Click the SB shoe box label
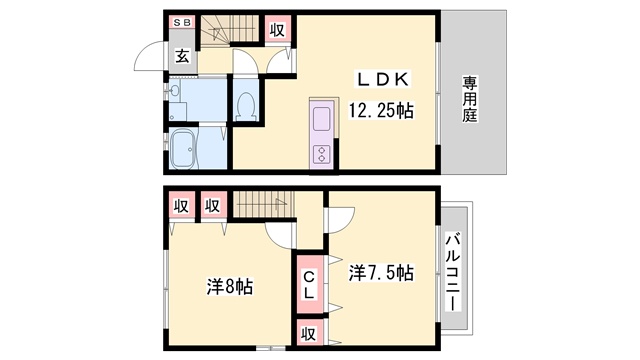pyautogui.click(x=182, y=22)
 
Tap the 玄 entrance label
pyautogui.click(x=182, y=56)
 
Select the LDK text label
pyautogui.click(x=383, y=79)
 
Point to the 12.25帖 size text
pyautogui.click(x=381, y=110)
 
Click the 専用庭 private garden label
pyautogui.click(x=470, y=99)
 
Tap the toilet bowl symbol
pyautogui.click(x=246, y=105)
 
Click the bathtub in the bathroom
pyautogui.click(x=184, y=149)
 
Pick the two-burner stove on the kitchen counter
pyautogui.click(x=322, y=154)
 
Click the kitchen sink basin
pyautogui.click(x=322, y=118)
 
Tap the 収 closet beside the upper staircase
pyautogui.click(x=278, y=30)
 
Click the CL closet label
pyautogui.click(x=309, y=284)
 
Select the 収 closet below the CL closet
pyautogui.click(x=309, y=333)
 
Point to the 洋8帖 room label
pyautogui.click(x=230, y=286)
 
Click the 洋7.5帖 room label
pyautogui.click(x=381, y=272)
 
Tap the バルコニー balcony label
pyautogui.click(x=452, y=272)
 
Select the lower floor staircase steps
pyautogui.click(x=264, y=204)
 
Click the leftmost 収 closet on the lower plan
pyautogui.click(x=181, y=206)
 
